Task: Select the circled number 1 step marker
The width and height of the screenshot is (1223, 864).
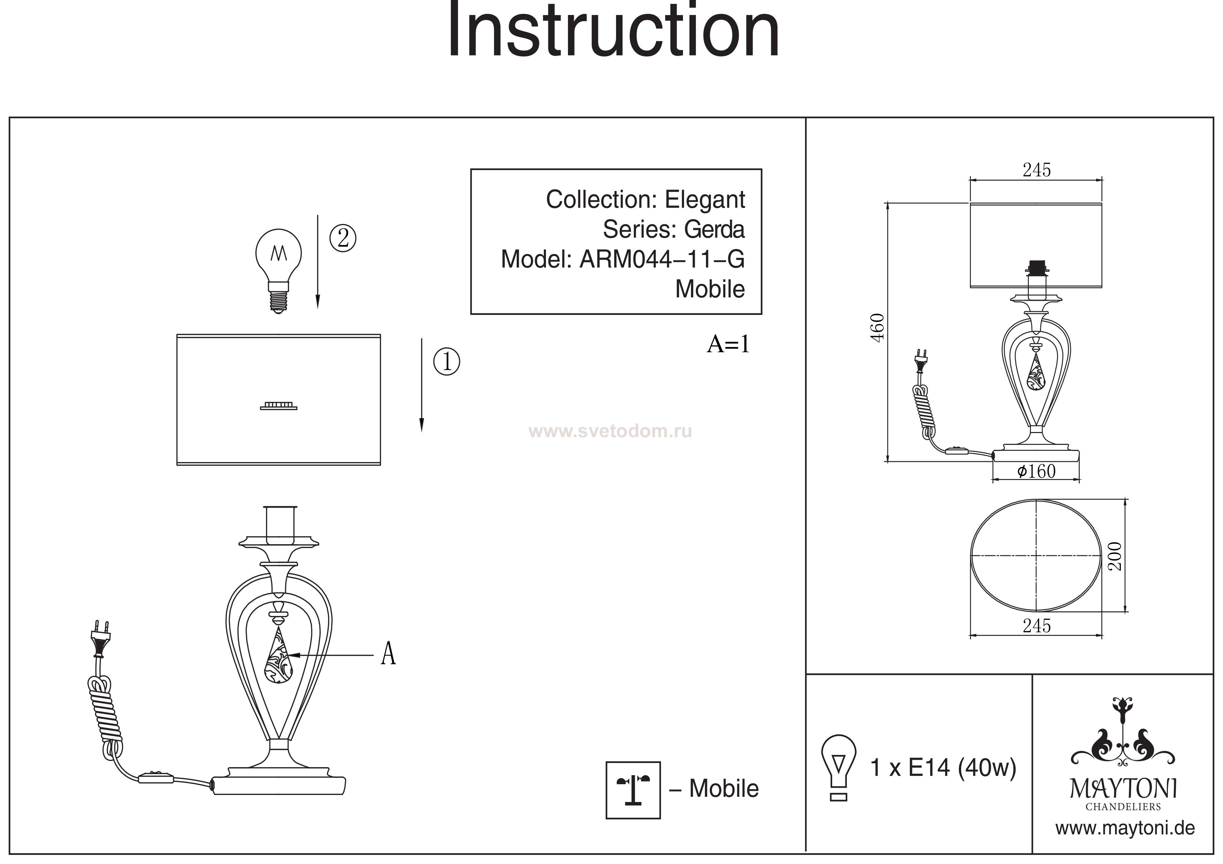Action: (x=446, y=362)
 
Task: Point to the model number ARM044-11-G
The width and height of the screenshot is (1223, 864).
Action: (x=662, y=259)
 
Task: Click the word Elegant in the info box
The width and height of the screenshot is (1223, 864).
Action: (x=704, y=200)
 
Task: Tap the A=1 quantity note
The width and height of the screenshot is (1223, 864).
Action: (x=728, y=345)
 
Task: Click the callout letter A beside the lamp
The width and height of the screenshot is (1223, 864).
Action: (x=388, y=654)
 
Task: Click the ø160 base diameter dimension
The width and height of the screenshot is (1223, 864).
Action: (x=1036, y=471)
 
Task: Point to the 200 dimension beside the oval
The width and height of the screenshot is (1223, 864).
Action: (x=1114, y=556)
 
